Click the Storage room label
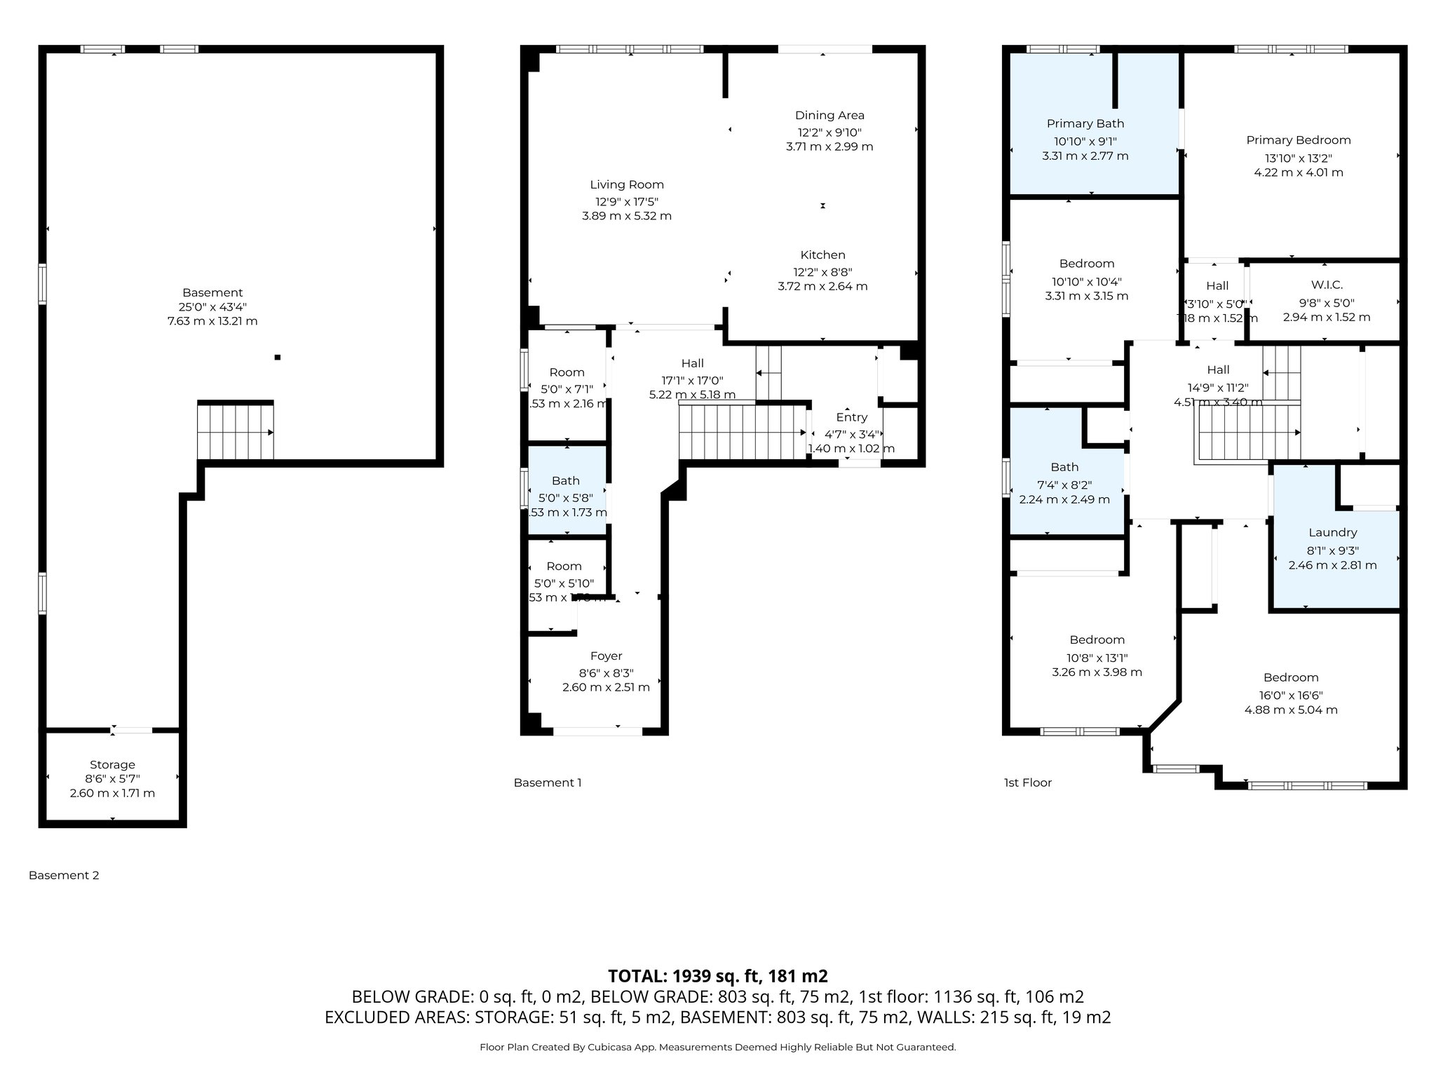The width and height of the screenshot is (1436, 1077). (x=112, y=764)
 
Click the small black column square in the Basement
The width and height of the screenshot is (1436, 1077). (x=278, y=358)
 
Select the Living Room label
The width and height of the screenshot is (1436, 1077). (x=626, y=184)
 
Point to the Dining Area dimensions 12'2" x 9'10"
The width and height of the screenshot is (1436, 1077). (x=829, y=132)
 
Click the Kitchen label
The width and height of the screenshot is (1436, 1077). (x=822, y=255)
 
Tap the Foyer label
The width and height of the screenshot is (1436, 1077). (x=606, y=656)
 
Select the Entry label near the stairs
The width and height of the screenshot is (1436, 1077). (x=851, y=417)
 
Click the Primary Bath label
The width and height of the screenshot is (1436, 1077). (x=1085, y=123)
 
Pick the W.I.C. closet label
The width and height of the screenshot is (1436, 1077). (x=1327, y=285)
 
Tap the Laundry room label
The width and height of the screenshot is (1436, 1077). (x=1332, y=533)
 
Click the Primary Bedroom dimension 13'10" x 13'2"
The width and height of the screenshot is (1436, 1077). (x=1298, y=158)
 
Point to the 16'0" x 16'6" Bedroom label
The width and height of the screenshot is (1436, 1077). (x=1290, y=677)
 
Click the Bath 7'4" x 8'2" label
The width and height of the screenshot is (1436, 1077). (x=1064, y=467)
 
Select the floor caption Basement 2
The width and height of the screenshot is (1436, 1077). (x=64, y=875)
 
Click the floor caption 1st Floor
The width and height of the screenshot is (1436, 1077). (x=1027, y=783)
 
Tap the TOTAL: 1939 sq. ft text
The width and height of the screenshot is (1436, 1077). (x=717, y=976)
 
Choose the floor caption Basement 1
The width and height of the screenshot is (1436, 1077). (x=547, y=783)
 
